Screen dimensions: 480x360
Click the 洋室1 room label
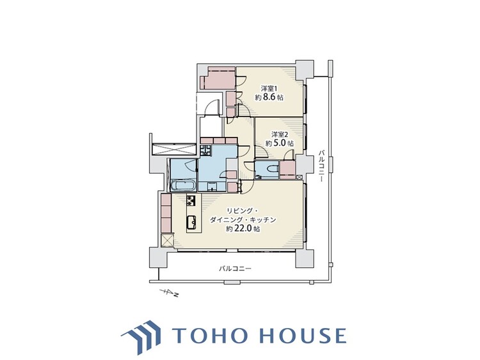click(x=269, y=89)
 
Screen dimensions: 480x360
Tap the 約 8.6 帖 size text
click(x=269, y=98)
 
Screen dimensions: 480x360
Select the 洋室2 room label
click(x=280, y=134)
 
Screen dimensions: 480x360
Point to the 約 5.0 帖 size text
click(x=280, y=143)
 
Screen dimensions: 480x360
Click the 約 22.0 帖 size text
click(x=243, y=228)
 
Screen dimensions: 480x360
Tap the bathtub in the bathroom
click(x=183, y=185)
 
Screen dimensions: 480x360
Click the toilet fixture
click(x=272, y=168)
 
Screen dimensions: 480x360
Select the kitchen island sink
click(x=191, y=221)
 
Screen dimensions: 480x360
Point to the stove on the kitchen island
click(x=191, y=200)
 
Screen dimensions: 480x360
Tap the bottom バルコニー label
click(x=235, y=269)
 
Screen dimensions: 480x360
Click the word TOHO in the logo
click(x=210, y=335)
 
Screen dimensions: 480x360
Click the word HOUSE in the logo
click(x=303, y=335)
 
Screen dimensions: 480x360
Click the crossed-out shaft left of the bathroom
click(x=174, y=149)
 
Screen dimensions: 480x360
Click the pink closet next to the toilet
click(x=287, y=169)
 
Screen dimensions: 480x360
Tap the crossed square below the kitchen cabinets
click(x=167, y=240)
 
